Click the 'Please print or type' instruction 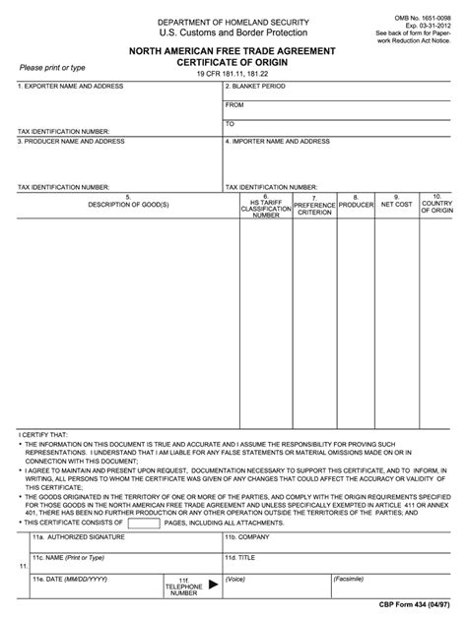point(52,67)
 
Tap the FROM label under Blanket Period point(234,104)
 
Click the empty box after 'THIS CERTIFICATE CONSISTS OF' point(144,523)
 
